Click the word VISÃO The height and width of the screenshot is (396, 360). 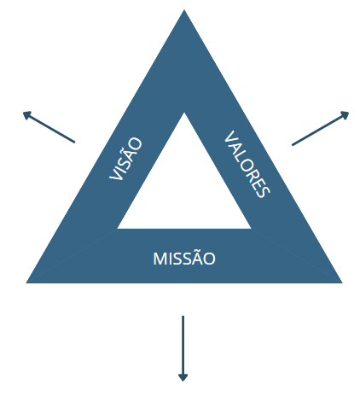(125, 159)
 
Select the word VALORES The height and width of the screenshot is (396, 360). (247, 164)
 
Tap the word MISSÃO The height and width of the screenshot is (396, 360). (184, 259)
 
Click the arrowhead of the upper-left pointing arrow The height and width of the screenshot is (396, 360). (26, 114)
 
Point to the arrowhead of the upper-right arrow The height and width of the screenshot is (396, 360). (345, 114)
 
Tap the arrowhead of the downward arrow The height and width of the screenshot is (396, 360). (183, 377)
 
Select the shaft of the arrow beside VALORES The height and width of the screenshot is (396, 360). (317, 131)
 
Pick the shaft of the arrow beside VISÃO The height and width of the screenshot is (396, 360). (52, 129)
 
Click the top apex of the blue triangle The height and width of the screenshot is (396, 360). (184, 10)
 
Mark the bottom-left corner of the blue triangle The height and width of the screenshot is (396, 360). (26, 282)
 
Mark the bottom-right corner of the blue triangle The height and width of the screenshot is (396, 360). (342, 282)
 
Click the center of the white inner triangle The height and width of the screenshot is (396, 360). (184, 189)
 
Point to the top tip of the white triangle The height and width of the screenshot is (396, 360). (184, 113)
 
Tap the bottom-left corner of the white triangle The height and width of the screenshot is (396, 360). (118, 229)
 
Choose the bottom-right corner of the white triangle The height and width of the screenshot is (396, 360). (251, 229)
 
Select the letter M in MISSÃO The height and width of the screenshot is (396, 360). (160, 259)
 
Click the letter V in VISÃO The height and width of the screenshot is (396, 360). (116, 174)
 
